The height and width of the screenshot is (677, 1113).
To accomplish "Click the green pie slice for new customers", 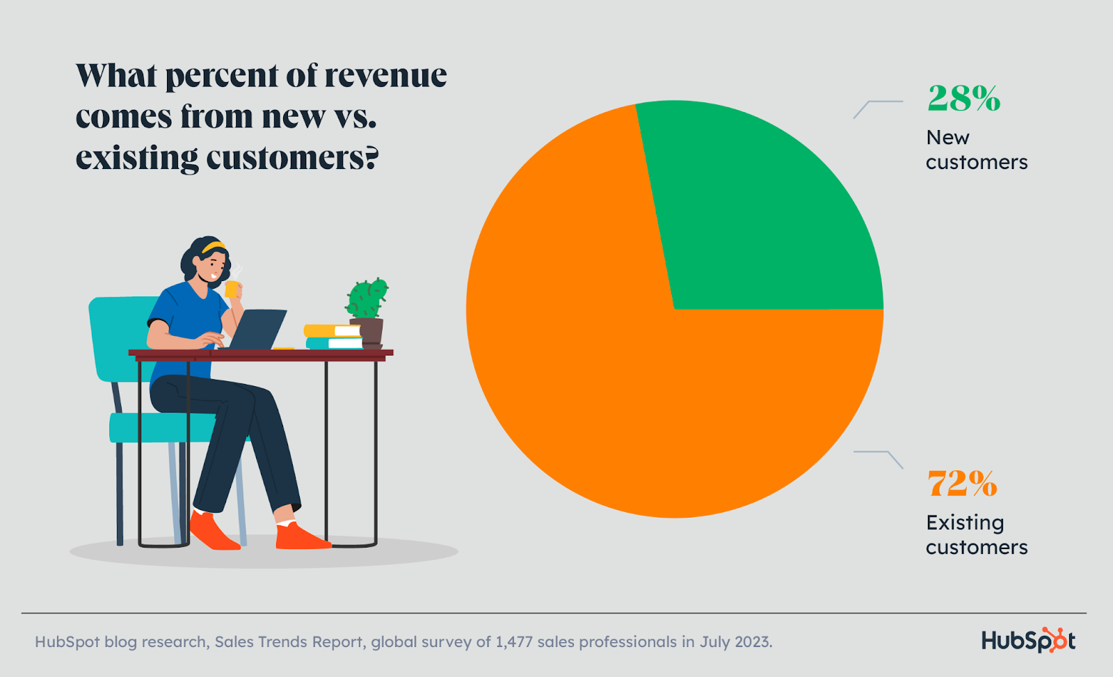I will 751,216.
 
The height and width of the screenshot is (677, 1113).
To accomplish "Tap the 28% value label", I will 963,98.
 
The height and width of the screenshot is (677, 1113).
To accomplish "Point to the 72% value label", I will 962,483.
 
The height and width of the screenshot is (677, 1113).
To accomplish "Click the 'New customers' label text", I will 976,150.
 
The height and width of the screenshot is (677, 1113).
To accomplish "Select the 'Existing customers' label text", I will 976,534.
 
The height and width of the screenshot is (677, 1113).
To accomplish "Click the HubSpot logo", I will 1028,640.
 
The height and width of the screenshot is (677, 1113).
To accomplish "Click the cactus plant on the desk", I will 367,299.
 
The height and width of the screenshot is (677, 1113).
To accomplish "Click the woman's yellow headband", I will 214,247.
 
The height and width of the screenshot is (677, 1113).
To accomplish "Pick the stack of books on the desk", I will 333,337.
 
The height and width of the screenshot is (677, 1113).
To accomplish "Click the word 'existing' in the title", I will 136,158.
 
